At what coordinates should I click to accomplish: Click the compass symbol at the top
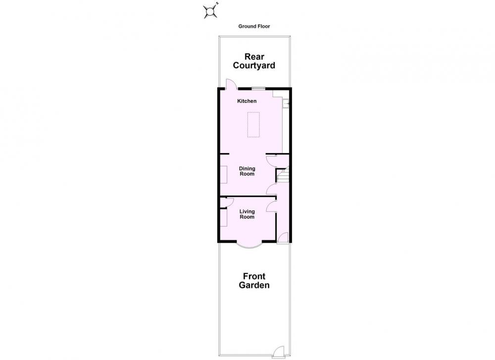210,11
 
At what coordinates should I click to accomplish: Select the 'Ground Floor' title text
254,26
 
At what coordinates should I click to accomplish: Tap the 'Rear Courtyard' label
254,61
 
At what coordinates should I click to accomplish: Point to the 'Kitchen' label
247,101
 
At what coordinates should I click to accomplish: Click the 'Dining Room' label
247,171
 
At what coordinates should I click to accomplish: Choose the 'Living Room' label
247,214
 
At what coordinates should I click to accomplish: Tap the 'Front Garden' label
254,281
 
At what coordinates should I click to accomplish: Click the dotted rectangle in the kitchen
253,124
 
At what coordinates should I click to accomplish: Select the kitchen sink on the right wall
286,103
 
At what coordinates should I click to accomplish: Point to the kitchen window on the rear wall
258,88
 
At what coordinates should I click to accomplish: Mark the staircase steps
283,175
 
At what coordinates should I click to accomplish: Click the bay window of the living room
249,246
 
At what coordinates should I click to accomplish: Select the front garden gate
278,352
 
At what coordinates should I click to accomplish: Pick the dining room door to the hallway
271,189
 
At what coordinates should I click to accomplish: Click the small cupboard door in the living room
227,201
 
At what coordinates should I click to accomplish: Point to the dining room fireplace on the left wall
224,174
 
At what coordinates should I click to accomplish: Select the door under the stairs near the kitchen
271,161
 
